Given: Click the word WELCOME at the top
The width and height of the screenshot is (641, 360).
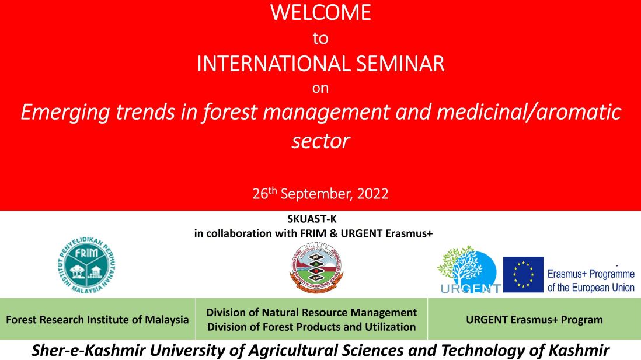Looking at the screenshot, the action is point(320,13).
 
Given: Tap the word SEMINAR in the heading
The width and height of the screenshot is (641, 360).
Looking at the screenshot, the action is point(400,64).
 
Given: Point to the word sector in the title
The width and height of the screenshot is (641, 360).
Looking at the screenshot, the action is point(321,141).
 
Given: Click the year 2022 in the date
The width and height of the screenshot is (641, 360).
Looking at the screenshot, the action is point(373,193).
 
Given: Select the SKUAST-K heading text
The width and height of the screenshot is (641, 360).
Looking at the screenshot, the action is point(312,219).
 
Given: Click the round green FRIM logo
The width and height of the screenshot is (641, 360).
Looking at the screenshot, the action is point(86,265).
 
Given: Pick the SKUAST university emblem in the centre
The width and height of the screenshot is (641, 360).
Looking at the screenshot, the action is point(316,266).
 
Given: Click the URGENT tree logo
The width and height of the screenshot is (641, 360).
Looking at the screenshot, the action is point(469,270).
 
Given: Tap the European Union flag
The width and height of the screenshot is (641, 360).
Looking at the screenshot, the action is point(523,275).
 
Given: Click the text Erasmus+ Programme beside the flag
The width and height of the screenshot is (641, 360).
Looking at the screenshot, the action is point(591,274).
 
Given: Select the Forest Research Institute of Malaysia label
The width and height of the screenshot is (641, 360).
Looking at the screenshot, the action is point(97,320).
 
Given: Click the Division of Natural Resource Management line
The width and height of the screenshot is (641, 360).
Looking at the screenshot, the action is point(312,313).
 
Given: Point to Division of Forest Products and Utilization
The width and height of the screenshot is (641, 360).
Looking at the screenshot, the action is point(312,327).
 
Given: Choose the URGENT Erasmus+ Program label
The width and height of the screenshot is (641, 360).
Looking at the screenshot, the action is point(534,320).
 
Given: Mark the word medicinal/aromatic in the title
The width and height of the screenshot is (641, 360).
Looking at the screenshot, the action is point(529,113).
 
